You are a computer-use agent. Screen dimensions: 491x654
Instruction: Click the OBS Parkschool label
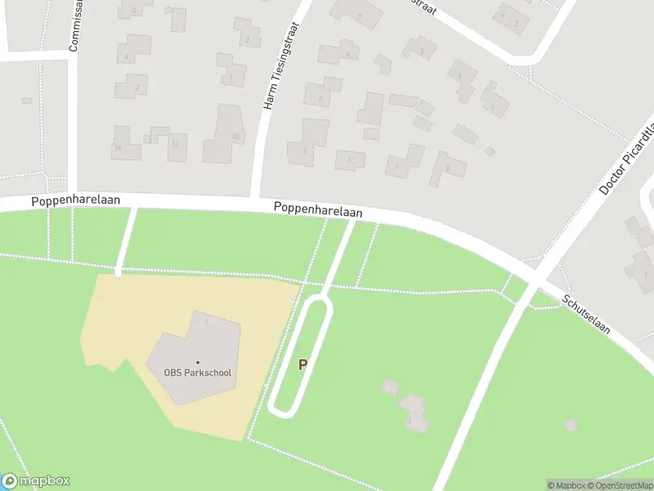[198, 373]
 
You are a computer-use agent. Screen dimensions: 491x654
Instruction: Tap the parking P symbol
[302, 365]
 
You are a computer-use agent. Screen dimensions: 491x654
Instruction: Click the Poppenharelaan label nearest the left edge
[76, 200]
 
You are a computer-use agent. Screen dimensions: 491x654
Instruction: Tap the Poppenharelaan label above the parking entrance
[318, 210]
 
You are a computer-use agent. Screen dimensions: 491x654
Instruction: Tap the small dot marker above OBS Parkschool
[197, 362]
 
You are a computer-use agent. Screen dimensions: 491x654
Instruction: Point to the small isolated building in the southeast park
[571, 425]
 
